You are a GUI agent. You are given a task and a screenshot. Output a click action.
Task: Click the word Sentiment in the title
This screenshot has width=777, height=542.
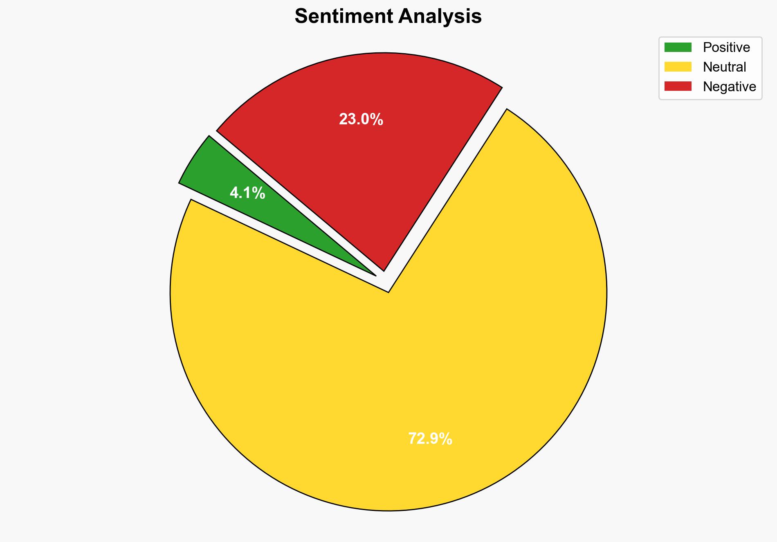point(344,17)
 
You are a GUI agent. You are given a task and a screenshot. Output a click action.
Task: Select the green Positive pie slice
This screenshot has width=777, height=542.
point(221,172)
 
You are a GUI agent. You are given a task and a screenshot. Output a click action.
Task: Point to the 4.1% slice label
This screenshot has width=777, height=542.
point(247,193)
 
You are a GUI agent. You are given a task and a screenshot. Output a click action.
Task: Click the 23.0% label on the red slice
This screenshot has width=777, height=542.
point(361,119)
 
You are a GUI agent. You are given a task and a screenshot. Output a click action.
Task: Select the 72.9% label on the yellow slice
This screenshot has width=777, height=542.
point(430,439)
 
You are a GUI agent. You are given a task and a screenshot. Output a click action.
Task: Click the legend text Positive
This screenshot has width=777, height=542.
point(726,47)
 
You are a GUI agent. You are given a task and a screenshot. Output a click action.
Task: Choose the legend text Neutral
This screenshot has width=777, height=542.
point(724,67)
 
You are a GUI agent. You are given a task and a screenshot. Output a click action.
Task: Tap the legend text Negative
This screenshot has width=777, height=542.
point(729,87)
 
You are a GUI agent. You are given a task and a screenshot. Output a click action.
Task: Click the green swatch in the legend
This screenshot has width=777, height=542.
point(678,47)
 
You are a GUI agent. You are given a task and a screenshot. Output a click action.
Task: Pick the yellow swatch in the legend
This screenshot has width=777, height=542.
point(678,67)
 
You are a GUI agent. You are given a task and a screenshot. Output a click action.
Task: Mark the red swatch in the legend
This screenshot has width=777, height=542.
point(678,86)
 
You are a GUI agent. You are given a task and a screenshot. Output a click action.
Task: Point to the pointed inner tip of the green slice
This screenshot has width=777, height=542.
point(375,275)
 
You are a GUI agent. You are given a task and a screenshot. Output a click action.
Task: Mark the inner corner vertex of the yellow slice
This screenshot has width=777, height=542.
point(388,292)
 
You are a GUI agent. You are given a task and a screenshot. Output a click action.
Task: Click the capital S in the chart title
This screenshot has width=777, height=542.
point(301,17)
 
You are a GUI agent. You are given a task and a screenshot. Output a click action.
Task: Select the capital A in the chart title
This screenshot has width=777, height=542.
point(405,17)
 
